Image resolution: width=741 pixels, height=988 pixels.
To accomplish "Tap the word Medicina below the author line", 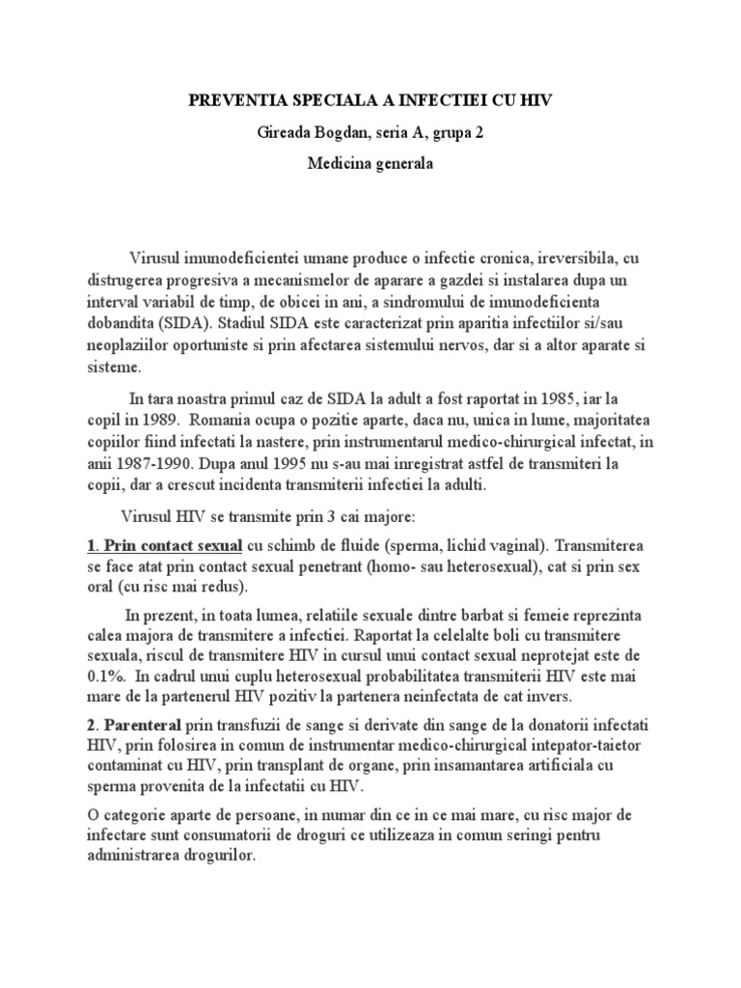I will click(x=341, y=164).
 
